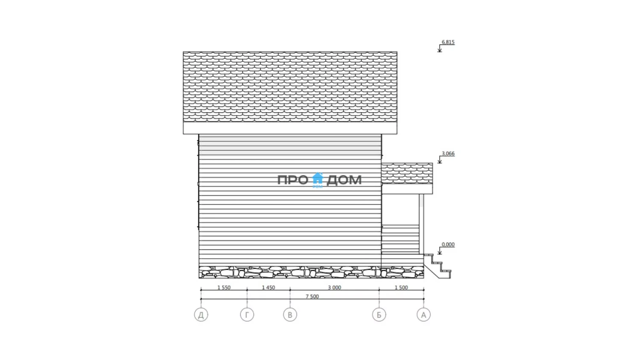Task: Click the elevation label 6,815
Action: tap(448, 42)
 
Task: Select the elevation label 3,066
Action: tap(448, 154)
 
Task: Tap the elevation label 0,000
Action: tap(448, 244)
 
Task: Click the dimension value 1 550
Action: tap(224, 287)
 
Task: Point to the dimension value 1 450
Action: tap(268, 287)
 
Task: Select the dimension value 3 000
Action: tap(334, 287)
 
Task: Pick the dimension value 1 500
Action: tap(401, 287)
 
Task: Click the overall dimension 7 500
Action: tap(312, 296)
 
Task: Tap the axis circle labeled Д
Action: tap(201, 314)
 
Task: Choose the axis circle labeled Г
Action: tap(247, 314)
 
